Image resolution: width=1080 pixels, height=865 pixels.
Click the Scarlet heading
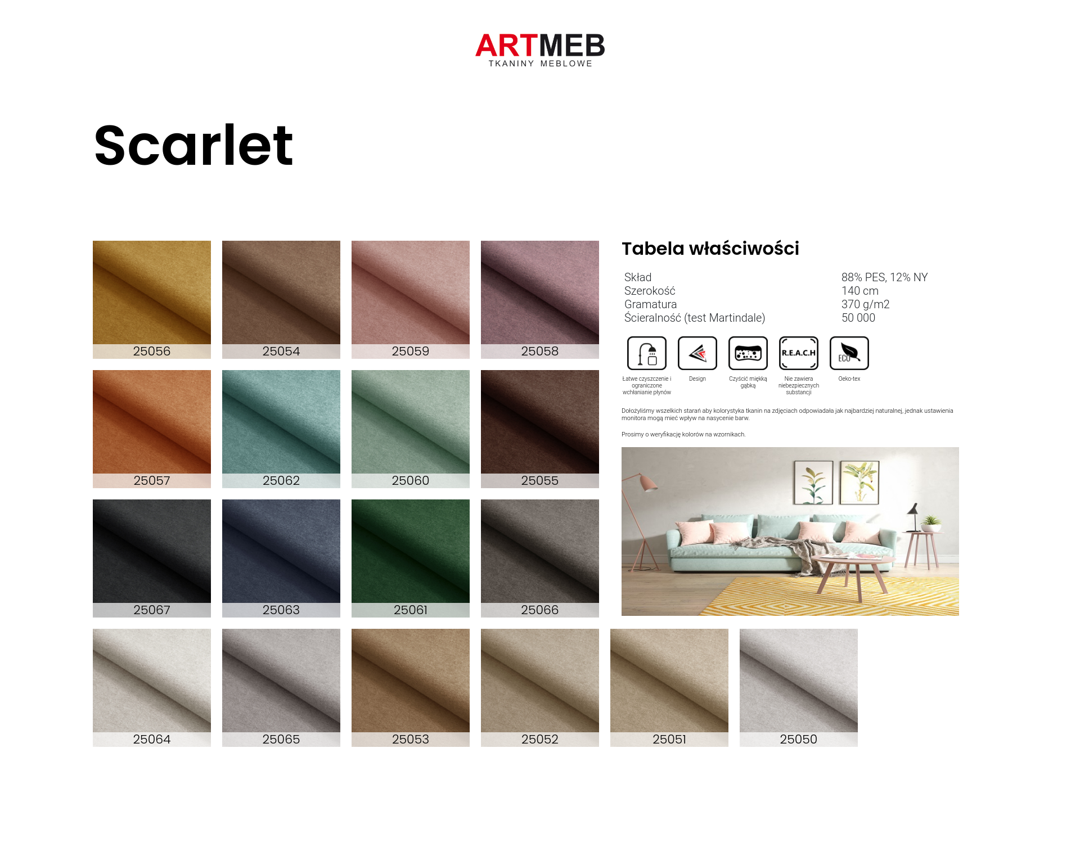tap(193, 145)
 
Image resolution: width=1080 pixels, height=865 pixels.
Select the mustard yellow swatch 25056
tap(152, 299)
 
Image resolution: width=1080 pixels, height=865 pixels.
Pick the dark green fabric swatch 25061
tap(411, 558)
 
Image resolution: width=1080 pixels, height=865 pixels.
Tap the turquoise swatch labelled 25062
tap(281, 429)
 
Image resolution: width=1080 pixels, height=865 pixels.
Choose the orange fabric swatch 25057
tap(152, 429)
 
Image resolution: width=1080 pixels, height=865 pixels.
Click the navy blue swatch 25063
tap(281, 558)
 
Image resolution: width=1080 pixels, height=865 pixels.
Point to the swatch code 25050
tap(798, 739)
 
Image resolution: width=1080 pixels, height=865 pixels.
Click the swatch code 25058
tap(540, 351)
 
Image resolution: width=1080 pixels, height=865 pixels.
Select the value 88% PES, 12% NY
tap(884, 277)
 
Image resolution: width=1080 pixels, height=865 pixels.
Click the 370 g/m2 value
tap(865, 304)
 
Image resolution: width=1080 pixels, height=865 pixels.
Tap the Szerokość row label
tap(650, 291)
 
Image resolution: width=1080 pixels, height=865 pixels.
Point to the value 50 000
tap(858, 318)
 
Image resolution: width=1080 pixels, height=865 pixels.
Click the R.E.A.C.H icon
tap(799, 353)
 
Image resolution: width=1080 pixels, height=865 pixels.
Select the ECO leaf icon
tap(849, 353)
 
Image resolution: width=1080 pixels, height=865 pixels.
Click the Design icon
tap(697, 353)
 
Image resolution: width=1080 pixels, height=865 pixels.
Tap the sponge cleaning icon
tap(748, 353)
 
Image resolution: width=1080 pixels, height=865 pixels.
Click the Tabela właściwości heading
tap(710, 249)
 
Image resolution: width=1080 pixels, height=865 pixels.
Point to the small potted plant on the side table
tap(931, 524)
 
